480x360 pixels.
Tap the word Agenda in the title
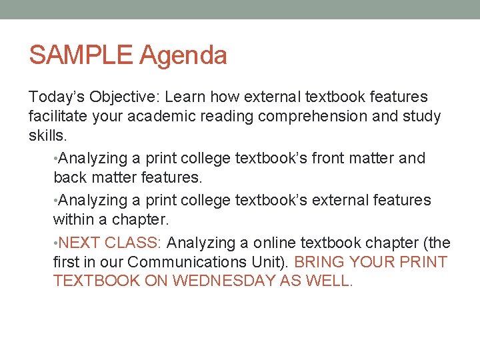pyautogui.click(x=183, y=56)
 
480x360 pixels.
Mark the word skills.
pyautogui.click(x=47, y=135)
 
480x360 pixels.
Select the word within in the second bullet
pyautogui.click(x=73, y=219)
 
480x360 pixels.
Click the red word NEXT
pyautogui.click(x=80, y=243)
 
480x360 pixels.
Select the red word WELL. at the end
pyautogui.click(x=327, y=281)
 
